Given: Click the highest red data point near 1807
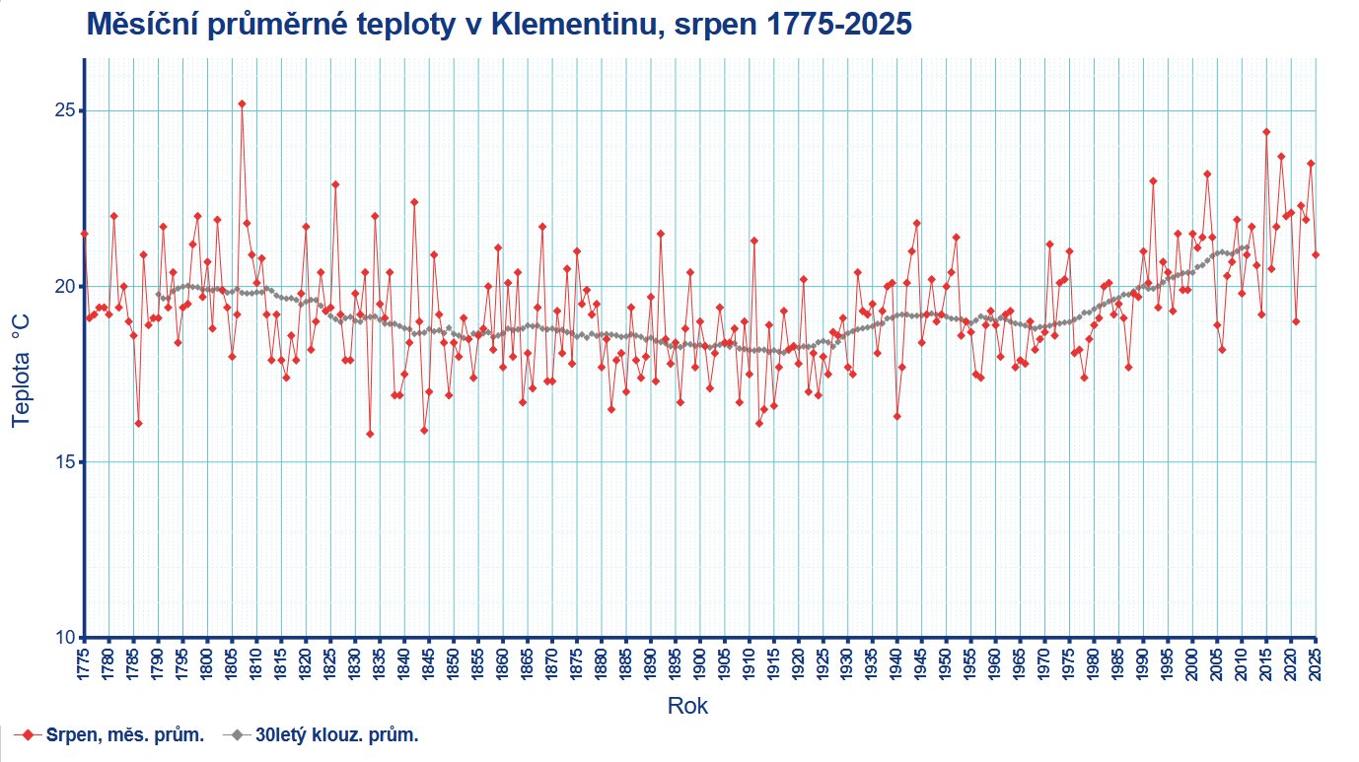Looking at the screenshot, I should tap(242, 104).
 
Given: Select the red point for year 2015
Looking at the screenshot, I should tap(1266, 132).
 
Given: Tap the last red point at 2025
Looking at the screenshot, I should tap(1316, 254).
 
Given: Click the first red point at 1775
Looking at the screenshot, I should tap(84, 234).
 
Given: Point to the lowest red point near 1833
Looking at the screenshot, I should tap(370, 434).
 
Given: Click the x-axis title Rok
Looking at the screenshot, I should tap(687, 706).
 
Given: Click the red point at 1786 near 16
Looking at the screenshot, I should tap(138, 423).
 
